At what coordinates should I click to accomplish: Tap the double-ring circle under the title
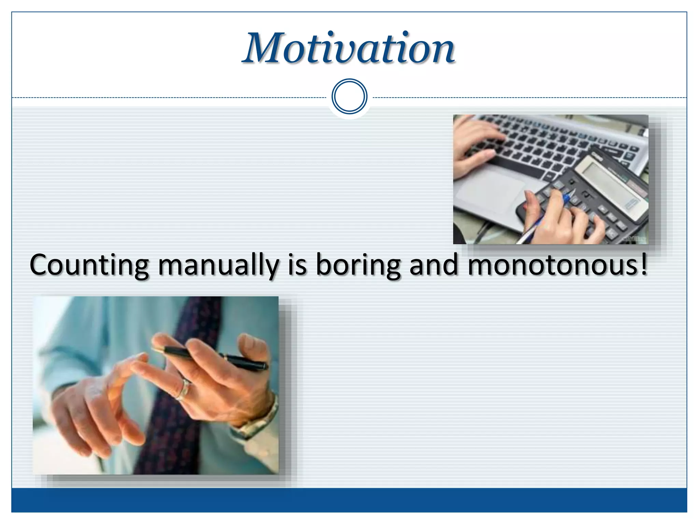[x=349, y=97]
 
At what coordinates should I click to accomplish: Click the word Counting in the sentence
[x=89, y=266]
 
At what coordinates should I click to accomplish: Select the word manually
[x=218, y=266]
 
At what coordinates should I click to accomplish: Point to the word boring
[x=358, y=266]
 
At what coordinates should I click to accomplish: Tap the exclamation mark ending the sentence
[x=643, y=264]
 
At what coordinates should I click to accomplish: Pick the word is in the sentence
[x=297, y=266]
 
